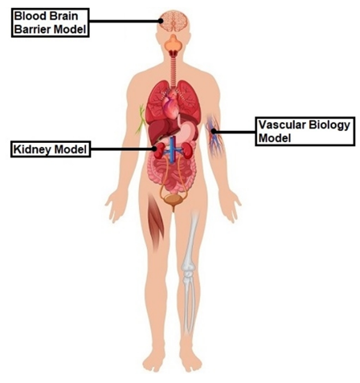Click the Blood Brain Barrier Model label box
pos(50,22)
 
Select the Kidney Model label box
pos(51,149)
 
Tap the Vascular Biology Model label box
pos(305,132)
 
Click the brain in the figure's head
pos(174,22)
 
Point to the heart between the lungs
pos(170,104)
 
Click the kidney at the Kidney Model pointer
pos(160,151)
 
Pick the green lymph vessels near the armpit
pos(141,120)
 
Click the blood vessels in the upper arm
pos(215,135)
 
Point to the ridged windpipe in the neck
pos(174,70)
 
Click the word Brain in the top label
pos(67,16)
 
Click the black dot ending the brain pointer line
pos(161,21)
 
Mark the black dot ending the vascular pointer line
pos(214,131)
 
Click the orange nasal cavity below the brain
pos(174,43)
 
